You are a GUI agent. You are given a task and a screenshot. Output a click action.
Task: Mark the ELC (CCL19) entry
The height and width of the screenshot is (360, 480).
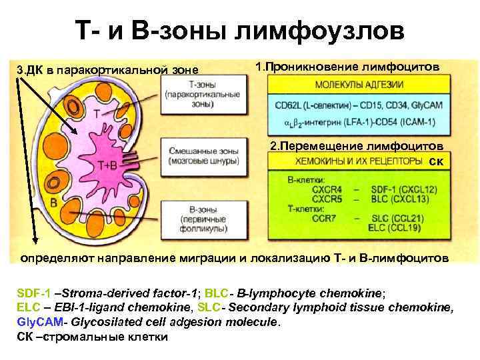[391, 227]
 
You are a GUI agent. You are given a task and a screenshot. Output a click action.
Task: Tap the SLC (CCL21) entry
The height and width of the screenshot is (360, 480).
[391, 217]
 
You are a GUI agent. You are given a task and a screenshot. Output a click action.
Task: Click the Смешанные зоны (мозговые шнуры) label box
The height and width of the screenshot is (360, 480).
[203, 156]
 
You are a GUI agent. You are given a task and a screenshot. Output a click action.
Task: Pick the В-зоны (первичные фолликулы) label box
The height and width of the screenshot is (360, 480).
[203, 218]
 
